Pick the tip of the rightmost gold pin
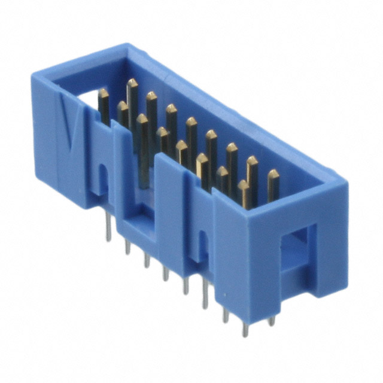click(x=273, y=175)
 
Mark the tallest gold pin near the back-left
click(x=132, y=84)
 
